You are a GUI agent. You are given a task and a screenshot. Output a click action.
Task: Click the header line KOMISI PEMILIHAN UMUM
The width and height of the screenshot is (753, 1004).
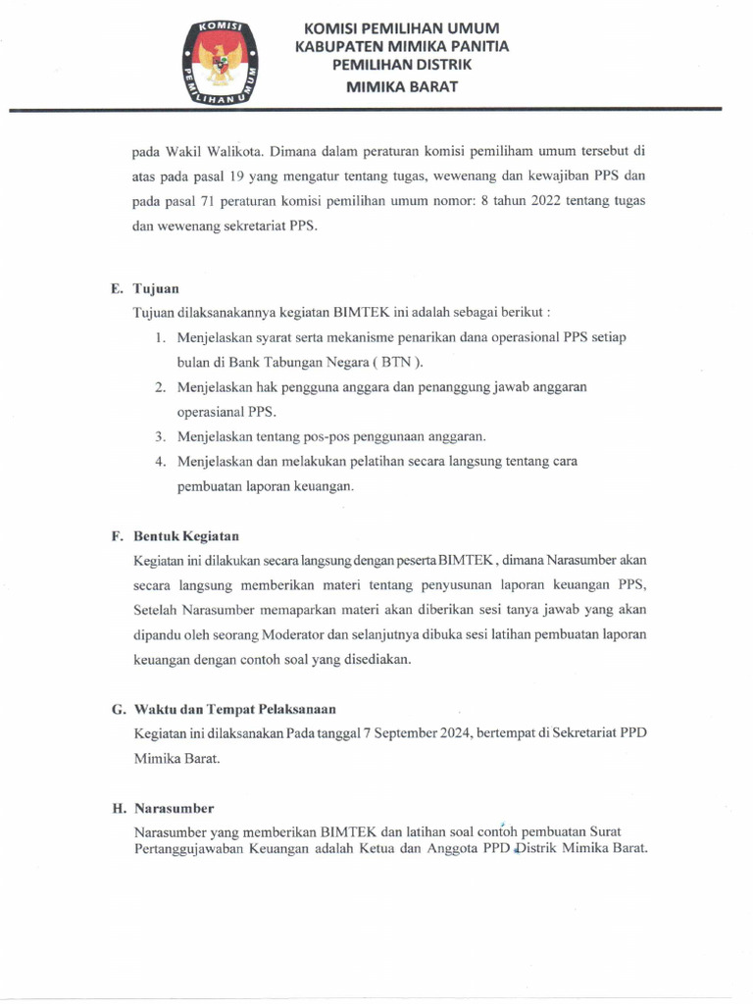click(402, 27)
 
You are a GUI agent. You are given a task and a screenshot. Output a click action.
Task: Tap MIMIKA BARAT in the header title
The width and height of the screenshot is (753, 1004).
click(402, 85)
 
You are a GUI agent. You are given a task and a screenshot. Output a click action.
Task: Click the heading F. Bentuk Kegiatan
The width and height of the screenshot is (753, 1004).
click(175, 536)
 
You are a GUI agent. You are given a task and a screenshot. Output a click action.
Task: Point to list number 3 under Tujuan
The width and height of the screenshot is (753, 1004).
click(159, 436)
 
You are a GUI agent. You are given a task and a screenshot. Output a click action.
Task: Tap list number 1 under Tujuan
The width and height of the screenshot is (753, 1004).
click(159, 337)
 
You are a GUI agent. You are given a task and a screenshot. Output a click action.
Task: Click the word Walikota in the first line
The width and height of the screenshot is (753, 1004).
click(233, 152)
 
